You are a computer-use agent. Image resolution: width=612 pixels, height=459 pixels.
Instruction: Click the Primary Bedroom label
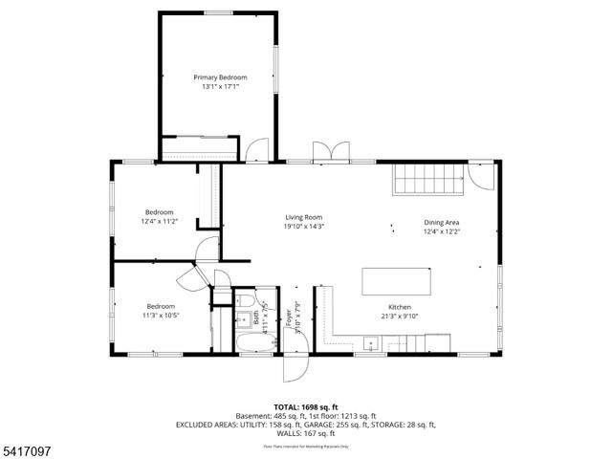click(x=220, y=77)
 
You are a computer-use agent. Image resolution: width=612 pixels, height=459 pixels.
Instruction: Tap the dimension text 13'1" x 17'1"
click(x=220, y=87)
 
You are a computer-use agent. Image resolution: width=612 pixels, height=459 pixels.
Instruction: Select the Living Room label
click(x=303, y=217)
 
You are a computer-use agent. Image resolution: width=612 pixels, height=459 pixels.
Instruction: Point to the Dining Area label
click(x=443, y=223)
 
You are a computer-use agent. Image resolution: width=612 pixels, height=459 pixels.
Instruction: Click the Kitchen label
click(x=400, y=307)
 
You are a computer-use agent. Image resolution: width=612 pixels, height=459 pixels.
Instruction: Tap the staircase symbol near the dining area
click(x=426, y=178)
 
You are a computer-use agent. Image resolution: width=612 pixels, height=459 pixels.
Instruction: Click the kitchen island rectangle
click(x=397, y=282)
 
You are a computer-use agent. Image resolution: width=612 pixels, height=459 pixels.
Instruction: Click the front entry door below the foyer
click(x=295, y=369)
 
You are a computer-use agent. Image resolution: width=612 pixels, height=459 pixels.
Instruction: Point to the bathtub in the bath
click(x=253, y=341)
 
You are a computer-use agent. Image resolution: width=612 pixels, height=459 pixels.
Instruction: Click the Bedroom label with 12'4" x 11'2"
click(x=160, y=211)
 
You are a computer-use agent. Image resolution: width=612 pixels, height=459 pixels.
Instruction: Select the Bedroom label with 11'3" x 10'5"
click(x=134, y=306)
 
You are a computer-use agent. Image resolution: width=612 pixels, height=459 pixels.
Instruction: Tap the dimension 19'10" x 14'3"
click(x=303, y=227)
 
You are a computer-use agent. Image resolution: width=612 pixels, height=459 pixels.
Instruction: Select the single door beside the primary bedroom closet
click(x=256, y=151)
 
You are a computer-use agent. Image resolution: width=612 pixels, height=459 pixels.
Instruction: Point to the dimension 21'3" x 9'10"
click(x=400, y=317)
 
